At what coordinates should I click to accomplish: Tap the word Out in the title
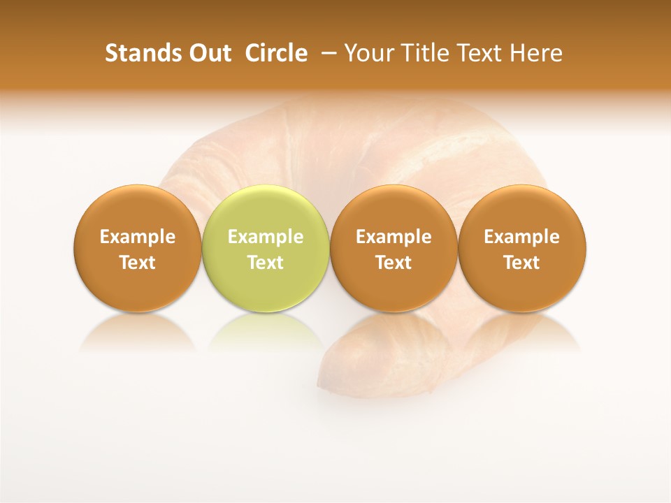208,53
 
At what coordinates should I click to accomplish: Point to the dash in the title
327,54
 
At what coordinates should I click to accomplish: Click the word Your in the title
368,53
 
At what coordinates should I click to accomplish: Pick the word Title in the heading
419,53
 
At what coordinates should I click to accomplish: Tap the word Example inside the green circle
266,237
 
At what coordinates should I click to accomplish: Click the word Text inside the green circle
266,263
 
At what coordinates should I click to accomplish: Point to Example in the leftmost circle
137,237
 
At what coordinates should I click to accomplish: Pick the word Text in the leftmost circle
137,263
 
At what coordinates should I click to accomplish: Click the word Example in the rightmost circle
522,237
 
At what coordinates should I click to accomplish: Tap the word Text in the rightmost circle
522,263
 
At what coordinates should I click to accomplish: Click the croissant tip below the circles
349,363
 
